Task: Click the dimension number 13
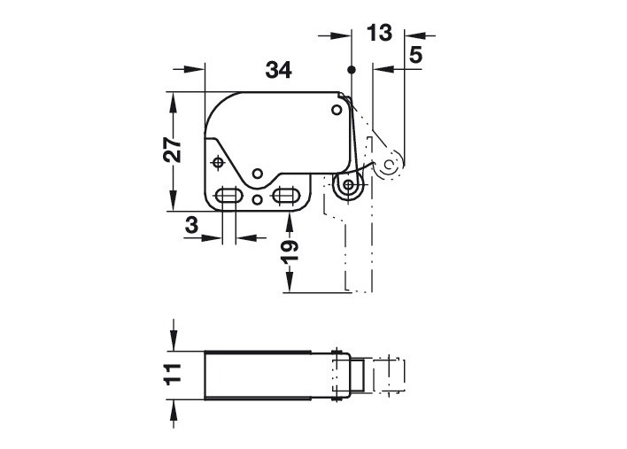(x=378, y=35)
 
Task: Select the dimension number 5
(x=415, y=56)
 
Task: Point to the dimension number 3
(x=191, y=225)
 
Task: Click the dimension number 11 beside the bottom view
(x=174, y=372)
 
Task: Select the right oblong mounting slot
(x=285, y=195)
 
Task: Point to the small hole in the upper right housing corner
(x=336, y=109)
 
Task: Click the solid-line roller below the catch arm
(x=352, y=187)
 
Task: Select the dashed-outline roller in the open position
(x=391, y=163)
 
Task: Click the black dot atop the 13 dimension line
(x=352, y=68)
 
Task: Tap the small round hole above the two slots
(x=257, y=174)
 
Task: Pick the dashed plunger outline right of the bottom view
(x=390, y=374)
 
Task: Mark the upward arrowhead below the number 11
(x=174, y=406)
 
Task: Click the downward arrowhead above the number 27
(x=174, y=99)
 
